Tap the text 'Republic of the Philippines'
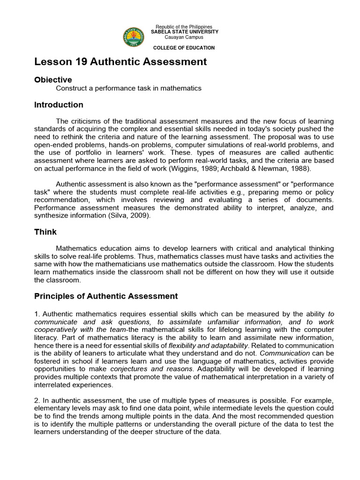184,27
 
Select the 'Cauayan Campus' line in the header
184,37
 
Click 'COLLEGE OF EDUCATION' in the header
184,48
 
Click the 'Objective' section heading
53,80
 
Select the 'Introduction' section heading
59,105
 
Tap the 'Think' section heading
45,232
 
